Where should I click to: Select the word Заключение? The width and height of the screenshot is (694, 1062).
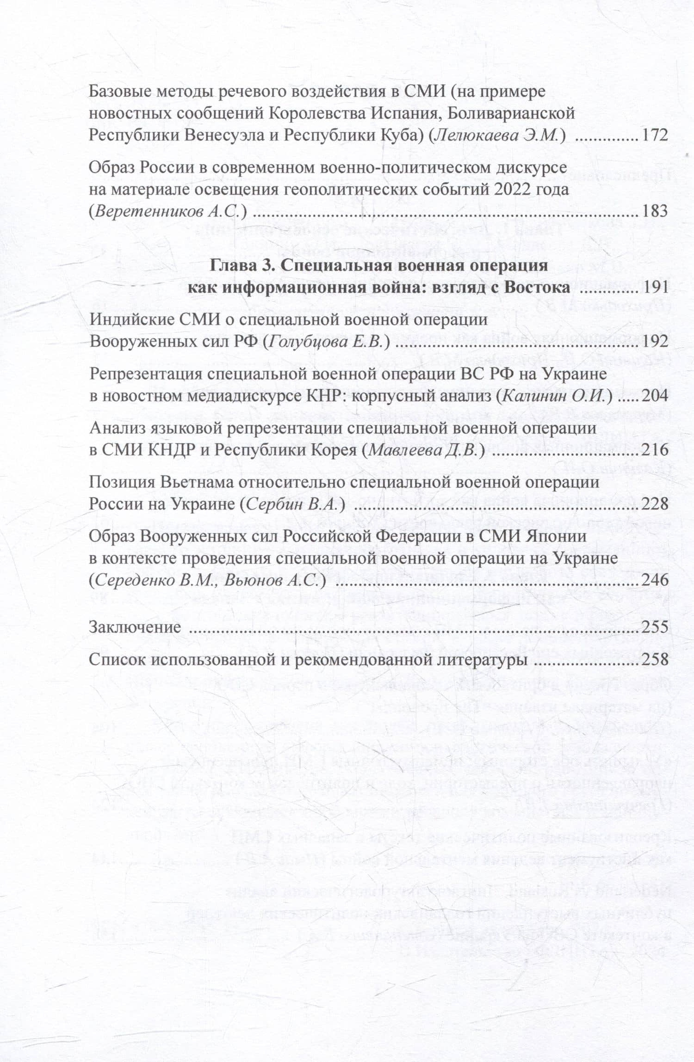135,627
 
